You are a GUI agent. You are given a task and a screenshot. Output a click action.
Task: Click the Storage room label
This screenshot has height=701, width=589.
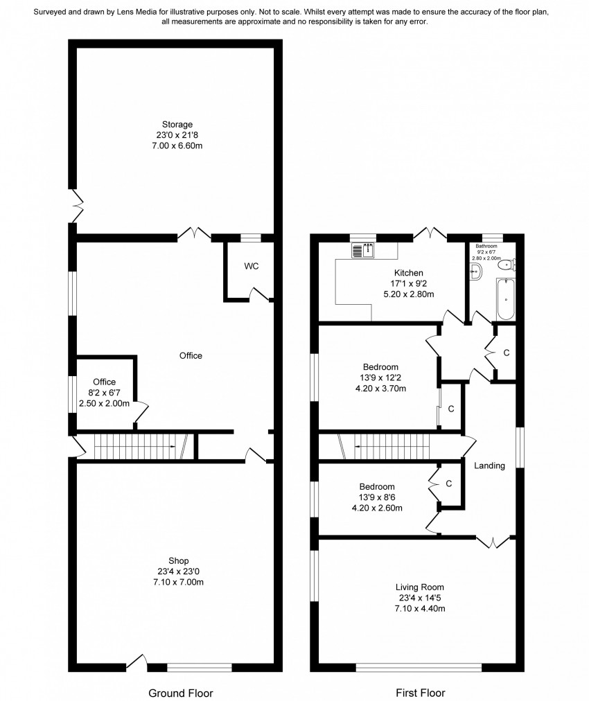(x=177, y=124)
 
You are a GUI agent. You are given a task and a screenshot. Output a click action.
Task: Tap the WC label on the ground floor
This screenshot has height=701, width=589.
(x=252, y=266)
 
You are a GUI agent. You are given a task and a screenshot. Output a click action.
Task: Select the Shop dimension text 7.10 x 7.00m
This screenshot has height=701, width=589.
(x=179, y=582)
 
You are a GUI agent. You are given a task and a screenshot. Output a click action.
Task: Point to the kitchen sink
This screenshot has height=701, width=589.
(x=362, y=250)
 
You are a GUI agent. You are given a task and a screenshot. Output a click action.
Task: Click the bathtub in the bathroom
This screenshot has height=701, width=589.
(x=506, y=299)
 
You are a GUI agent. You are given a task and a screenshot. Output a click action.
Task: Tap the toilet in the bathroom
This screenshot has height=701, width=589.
(x=507, y=265)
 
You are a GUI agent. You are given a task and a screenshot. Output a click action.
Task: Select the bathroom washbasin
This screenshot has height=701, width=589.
(x=476, y=272)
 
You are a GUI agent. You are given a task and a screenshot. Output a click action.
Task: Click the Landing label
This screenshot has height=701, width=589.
(x=489, y=465)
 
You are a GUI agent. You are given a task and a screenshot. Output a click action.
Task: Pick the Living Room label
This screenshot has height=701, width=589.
(x=419, y=587)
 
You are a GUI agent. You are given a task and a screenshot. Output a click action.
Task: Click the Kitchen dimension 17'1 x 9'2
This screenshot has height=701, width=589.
(x=408, y=283)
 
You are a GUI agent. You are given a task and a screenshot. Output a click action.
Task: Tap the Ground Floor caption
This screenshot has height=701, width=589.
(x=181, y=693)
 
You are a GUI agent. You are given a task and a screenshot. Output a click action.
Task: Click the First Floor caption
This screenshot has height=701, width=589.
(x=421, y=693)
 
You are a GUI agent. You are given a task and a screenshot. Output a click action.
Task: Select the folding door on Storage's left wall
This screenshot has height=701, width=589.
(x=77, y=205)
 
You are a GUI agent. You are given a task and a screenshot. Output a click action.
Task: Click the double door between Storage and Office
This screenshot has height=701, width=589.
(x=194, y=233)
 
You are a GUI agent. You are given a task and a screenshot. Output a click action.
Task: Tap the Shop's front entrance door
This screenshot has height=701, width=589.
(x=137, y=662)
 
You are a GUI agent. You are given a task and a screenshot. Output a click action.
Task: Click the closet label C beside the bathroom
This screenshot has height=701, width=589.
(x=507, y=353)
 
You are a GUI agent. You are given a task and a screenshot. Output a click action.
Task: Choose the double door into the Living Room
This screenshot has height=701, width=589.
(x=493, y=542)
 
